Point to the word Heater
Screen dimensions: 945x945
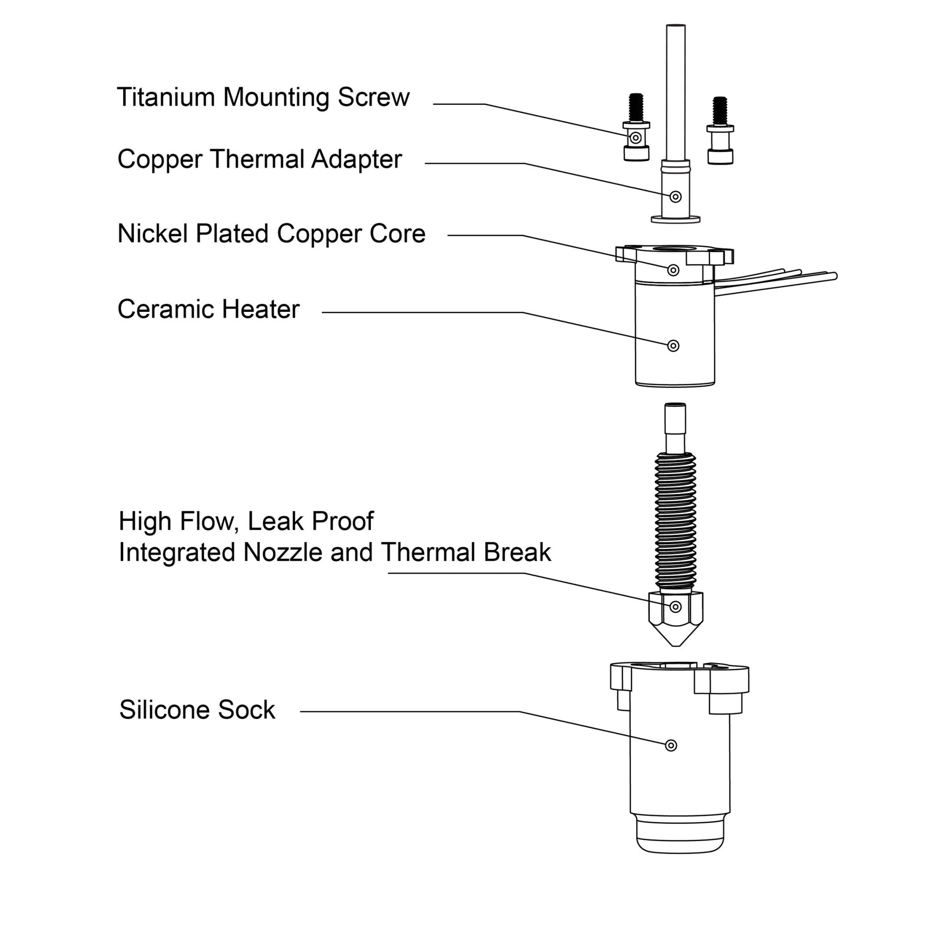click(260, 310)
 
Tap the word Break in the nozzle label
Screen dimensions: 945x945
click(517, 553)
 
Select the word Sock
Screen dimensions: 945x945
click(246, 710)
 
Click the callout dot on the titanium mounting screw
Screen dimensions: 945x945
click(635, 138)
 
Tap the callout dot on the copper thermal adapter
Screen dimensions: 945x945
click(676, 197)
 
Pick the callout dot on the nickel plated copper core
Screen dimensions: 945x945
click(673, 270)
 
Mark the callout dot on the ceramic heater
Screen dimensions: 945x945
click(673, 346)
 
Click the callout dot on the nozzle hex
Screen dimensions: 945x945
click(676, 607)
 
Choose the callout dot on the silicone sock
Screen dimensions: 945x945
click(671, 746)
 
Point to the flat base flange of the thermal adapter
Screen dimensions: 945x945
click(676, 219)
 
